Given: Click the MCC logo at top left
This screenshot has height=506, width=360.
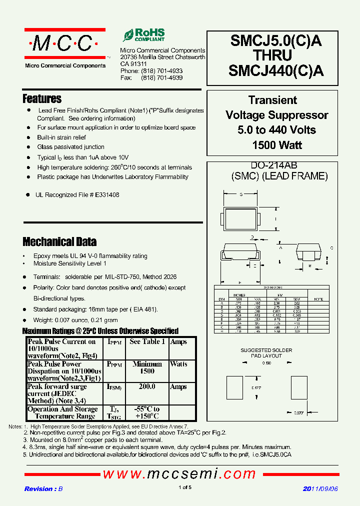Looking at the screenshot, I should (x=65, y=44).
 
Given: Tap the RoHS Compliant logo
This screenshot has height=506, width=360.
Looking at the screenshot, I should (x=144, y=35).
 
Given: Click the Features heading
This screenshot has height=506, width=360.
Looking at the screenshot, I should (x=42, y=98).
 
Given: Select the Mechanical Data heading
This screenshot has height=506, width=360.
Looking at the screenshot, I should (x=59, y=242).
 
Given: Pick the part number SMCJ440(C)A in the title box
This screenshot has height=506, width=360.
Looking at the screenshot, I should (x=275, y=71).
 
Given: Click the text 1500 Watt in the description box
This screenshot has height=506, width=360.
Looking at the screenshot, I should (x=276, y=145).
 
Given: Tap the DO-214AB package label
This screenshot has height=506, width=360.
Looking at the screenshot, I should (x=276, y=165).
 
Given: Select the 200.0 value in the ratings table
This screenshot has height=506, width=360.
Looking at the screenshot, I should (x=146, y=387).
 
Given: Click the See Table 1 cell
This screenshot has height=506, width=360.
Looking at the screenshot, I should (x=146, y=342).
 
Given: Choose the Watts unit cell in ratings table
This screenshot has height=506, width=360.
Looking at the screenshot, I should (x=178, y=364).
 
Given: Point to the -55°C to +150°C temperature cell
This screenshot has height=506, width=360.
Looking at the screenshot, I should (x=146, y=412).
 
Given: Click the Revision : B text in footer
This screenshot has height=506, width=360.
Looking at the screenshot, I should (x=43, y=489).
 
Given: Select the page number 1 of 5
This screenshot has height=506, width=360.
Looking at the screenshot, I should (x=184, y=487).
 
